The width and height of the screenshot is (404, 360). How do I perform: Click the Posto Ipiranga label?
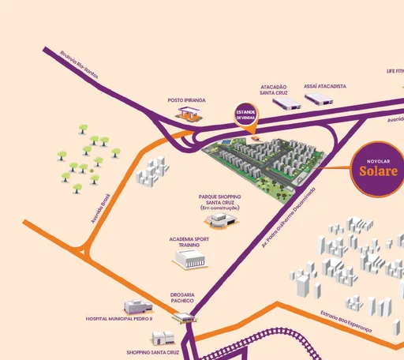click(186, 100)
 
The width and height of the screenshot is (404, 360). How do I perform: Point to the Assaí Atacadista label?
click(326, 86)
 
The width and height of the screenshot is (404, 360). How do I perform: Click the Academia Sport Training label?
click(189, 241)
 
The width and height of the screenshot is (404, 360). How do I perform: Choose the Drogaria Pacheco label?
click(182, 298)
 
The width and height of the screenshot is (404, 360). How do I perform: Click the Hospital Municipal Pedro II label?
click(119, 321)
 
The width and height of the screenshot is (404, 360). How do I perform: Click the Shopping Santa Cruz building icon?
click(163, 338)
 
